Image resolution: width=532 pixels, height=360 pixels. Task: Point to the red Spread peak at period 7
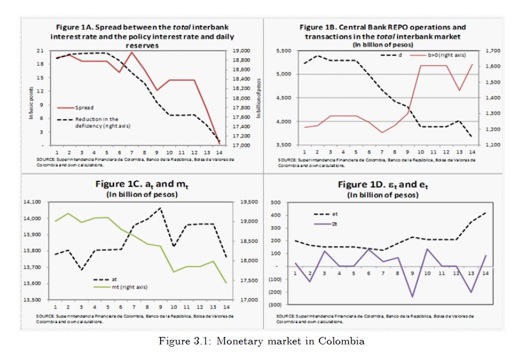(x=132, y=52)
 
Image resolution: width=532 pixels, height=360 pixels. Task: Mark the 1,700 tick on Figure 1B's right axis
(x=495, y=51)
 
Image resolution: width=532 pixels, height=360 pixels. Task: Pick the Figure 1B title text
(x=383, y=32)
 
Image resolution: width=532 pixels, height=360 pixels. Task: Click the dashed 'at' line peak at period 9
(x=160, y=208)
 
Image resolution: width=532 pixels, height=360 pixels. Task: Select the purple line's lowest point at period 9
(x=412, y=297)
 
